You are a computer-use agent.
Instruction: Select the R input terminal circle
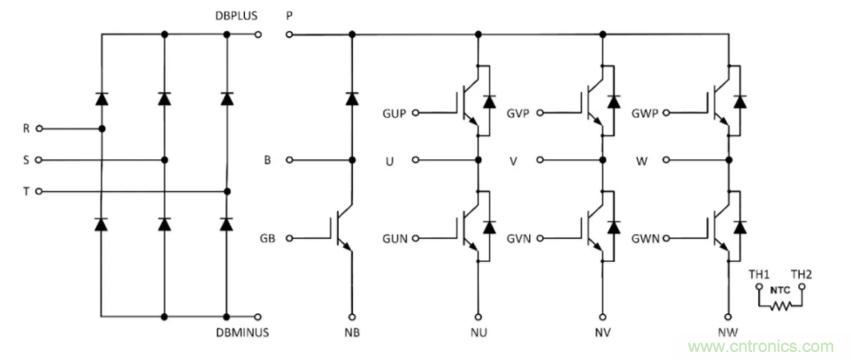click(39, 128)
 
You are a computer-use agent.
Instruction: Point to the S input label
click(26, 160)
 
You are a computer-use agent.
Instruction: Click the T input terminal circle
click(39, 191)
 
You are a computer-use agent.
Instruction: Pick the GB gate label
click(266, 238)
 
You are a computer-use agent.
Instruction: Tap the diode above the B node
click(352, 98)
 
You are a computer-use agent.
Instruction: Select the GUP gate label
click(395, 113)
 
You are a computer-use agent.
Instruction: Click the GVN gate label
click(520, 238)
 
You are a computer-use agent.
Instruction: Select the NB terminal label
click(352, 333)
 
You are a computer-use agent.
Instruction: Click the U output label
click(390, 160)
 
